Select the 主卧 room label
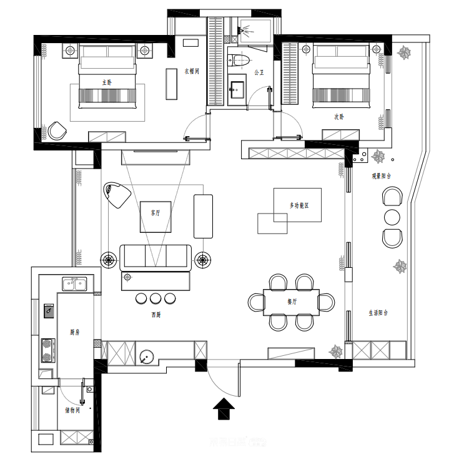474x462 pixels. click(107, 82)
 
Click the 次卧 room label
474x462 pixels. click(338, 116)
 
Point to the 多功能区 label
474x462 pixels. click(299, 205)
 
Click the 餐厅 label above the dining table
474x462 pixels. click(292, 301)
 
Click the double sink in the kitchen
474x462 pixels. click(74, 285)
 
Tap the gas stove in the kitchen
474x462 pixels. click(47, 350)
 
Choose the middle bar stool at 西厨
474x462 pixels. click(156, 298)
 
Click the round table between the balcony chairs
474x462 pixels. click(392, 217)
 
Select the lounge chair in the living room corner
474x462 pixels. click(116, 194)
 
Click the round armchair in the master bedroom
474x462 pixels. click(57, 130)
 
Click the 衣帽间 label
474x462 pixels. click(191, 72)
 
